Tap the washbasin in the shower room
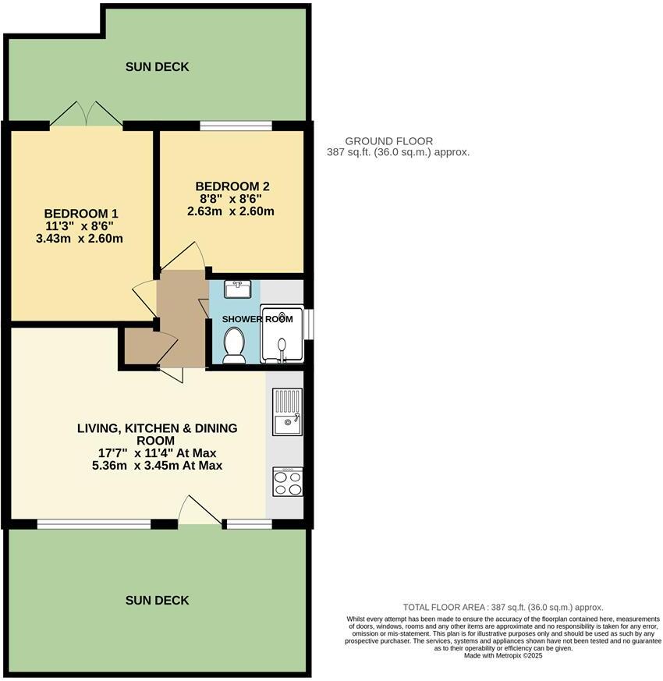pyautogui.click(x=236, y=290)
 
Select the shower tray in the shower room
pyautogui.click(x=282, y=335)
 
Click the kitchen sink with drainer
pyautogui.click(x=287, y=412)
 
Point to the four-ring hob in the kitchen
pyautogui.click(x=287, y=482)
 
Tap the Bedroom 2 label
pyautogui.click(x=232, y=186)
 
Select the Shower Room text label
pyautogui.click(x=257, y=319)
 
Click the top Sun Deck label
pyautogui.click(x=157, y=67)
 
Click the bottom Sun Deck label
pyautogui.click(x=157, y=600)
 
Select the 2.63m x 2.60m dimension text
pyautogui.click(x=231, y=211)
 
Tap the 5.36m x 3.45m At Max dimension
pyautogui.click(x=157, y=466)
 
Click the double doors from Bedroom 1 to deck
pyautogui.click(x=87, y=115)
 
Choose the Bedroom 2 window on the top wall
pyautogui.click(x=236, y=126)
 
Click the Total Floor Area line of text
pyautogui.click(x=502, y=607)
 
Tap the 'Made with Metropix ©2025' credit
pyautogui.click(x=502, y=656)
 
